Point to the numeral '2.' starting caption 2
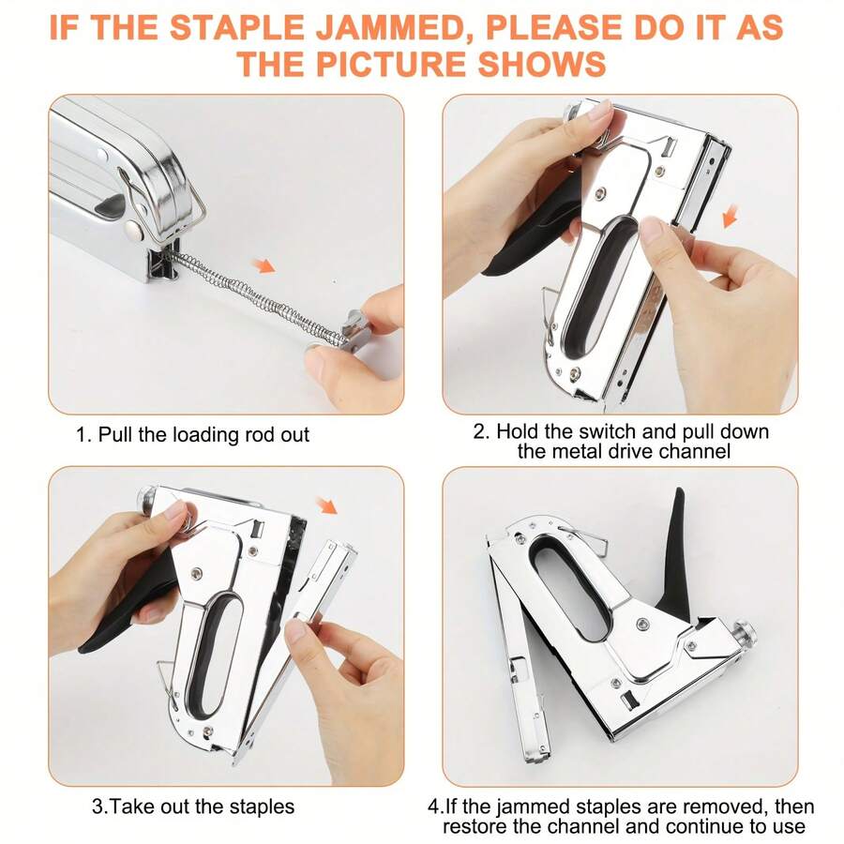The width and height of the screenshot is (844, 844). click(x=481, y=432)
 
